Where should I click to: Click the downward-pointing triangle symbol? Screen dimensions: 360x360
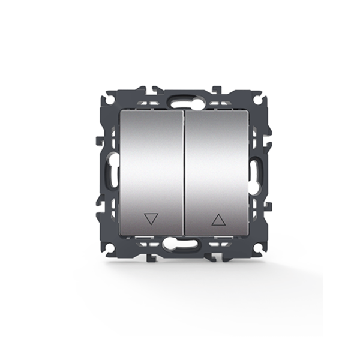click(x=150, y=219)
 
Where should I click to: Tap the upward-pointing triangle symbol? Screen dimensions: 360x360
click(x=218, y=220)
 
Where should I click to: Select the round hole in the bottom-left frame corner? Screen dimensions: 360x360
click(x=110, y=248)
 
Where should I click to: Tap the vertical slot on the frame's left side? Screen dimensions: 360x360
click(x=111, y=170)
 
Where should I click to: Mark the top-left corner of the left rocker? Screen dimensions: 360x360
click(x=120, y=110)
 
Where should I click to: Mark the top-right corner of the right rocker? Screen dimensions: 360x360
click(x=248, y=110)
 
